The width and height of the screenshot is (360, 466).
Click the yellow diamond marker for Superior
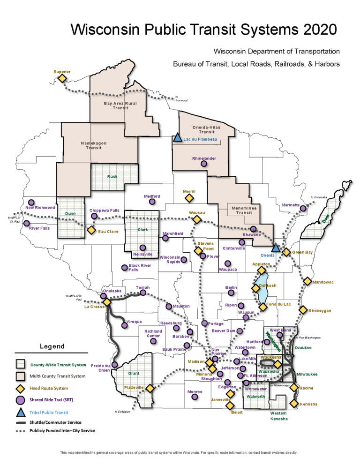(x=62, y=78)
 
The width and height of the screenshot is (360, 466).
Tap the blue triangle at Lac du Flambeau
(x=177, y=138)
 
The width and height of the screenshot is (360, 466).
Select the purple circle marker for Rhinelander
(x=204, y=164)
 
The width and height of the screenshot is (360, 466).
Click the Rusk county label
(x=112, y=177)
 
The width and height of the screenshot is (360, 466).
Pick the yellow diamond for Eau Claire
(x=91, y=230)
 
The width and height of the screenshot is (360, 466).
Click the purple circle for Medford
(x=152, y=202)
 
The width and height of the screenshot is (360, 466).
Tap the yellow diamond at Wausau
(x=197, y=219)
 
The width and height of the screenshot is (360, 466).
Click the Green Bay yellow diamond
(x=286, y=252)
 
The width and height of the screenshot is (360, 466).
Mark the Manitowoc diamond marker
(x=307, y=281)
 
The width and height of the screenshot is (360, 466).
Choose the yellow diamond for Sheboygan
(x=303, y=310)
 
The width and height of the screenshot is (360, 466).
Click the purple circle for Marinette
(x=303, y=209)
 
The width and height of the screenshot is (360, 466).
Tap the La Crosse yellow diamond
(x=107, y=302)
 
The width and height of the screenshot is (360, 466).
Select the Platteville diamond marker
(x=150, y=388)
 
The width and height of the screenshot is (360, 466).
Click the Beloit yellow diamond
(x=230, y=406)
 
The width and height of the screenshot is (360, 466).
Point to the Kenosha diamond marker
(x=294, y=403)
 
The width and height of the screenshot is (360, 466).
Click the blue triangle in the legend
(x=20, y=413)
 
